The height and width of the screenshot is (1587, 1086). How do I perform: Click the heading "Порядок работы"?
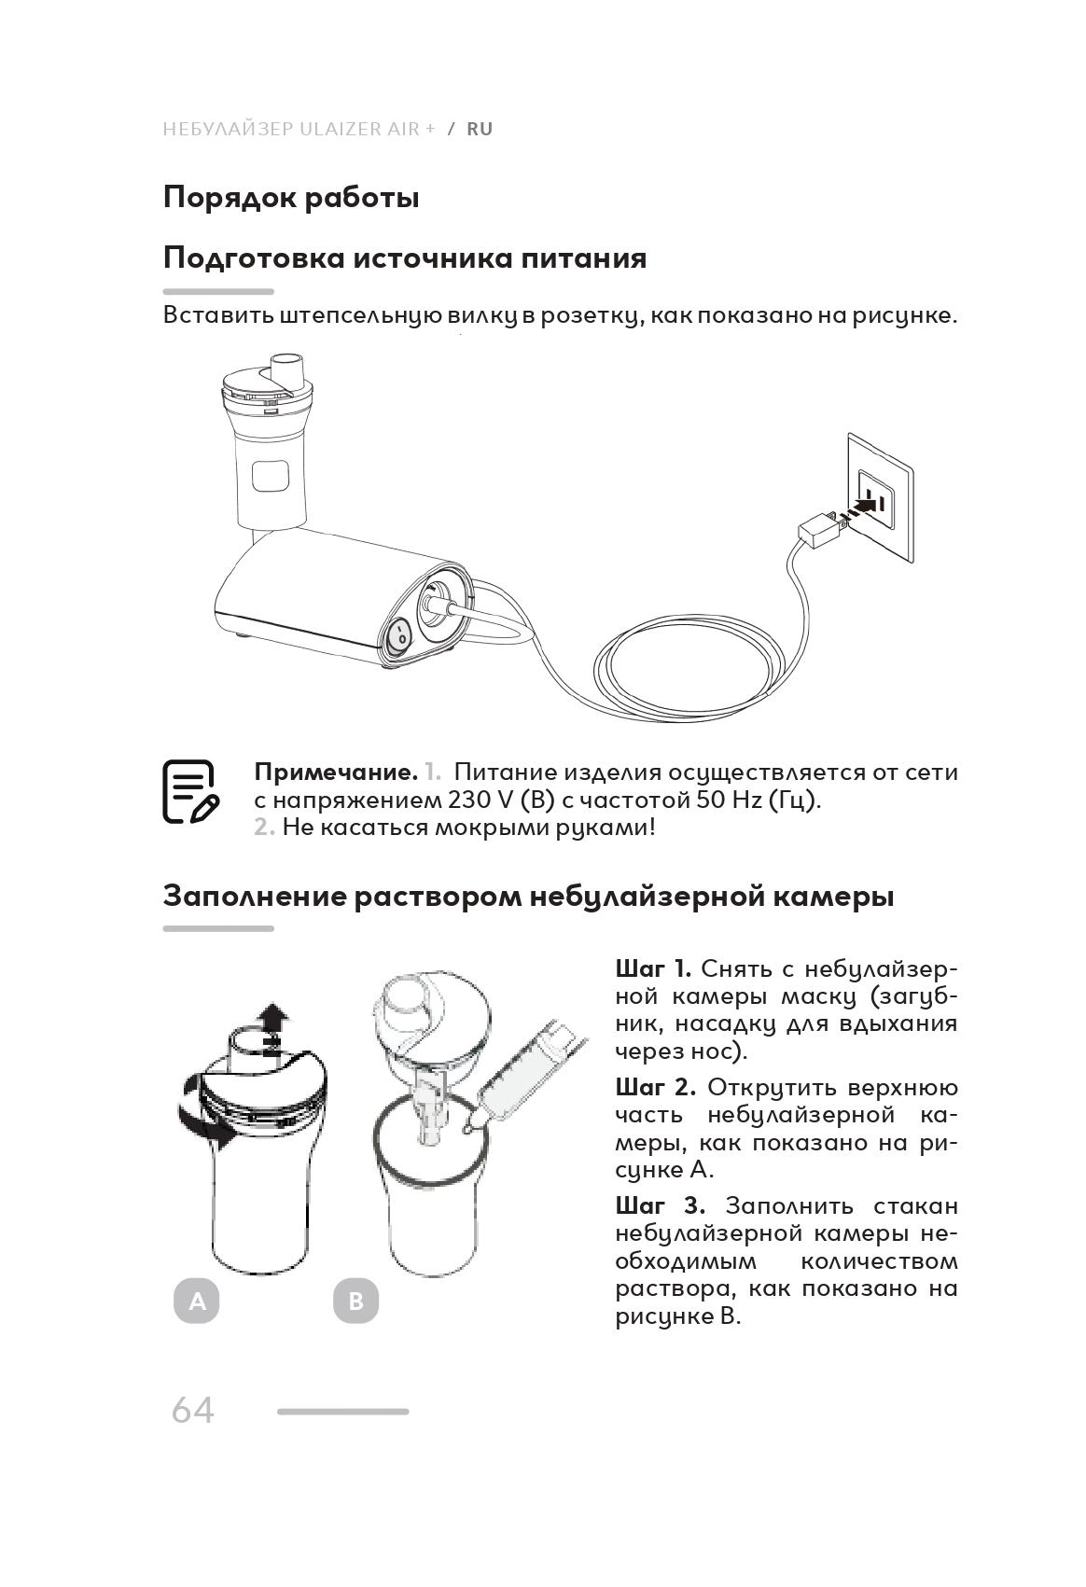point(290,198)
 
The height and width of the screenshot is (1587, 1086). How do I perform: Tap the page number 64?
point(193,1410)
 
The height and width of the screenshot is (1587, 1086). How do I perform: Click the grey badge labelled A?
point(197,1301)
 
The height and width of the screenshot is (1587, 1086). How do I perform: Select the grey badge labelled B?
point(355,1301)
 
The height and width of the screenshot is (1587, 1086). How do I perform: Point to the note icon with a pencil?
point(189,792)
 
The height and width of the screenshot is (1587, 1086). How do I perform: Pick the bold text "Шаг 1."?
point(653,968)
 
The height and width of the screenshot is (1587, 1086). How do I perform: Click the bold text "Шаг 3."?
point(660,1205)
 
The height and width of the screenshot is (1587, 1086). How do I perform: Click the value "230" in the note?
point(466,800)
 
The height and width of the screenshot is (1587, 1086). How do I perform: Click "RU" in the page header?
point(480,129)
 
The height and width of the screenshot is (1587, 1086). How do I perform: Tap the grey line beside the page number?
point(342,1412)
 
